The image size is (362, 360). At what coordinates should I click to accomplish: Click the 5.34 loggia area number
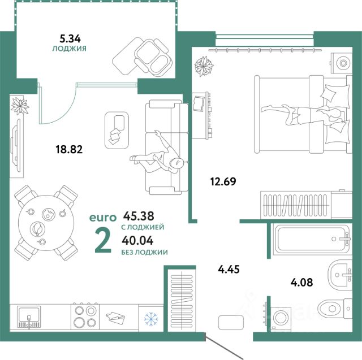click(x=70, y=38)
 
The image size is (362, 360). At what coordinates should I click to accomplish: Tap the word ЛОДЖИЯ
click(x=69, y=49)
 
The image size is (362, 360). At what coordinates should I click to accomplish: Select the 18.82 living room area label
click(x=69, y=149)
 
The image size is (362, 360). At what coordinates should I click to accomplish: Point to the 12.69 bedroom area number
click(x=223, y=181)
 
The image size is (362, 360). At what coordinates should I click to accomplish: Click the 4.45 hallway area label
click(x=229, y=269)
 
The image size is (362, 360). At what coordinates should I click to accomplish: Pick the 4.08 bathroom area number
click(x=301, y=282)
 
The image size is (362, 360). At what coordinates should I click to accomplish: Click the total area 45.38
click(x=139, y=216)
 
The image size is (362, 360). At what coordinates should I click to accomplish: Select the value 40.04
click(x=137, y=241)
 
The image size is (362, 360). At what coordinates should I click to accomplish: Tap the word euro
click(x=103, y=218)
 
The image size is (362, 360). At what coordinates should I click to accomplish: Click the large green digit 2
click(x=103, y=242)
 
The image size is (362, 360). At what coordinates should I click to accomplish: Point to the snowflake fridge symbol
click(x=151, y=319)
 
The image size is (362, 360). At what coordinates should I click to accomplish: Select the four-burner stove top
click(x=85, y=316)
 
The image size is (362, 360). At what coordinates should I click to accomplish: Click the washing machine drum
click(x=281, y=318)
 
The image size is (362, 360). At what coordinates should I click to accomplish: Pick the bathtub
click(x=312, y=240)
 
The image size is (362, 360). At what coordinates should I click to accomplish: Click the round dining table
click(x=46, y=223)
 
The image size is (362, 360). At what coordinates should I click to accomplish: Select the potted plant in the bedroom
click(x=204, y=66)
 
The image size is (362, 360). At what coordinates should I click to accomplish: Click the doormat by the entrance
click(x=231, y=322)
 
